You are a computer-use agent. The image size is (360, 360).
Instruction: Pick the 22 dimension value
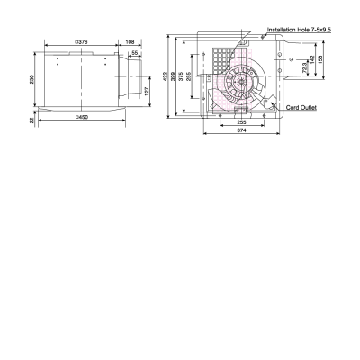point(32,120)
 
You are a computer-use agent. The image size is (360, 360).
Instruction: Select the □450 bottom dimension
point(82,118)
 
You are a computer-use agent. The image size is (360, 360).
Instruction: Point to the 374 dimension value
point(242,131)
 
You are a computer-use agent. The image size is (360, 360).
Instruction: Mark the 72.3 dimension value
point(305,68)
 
